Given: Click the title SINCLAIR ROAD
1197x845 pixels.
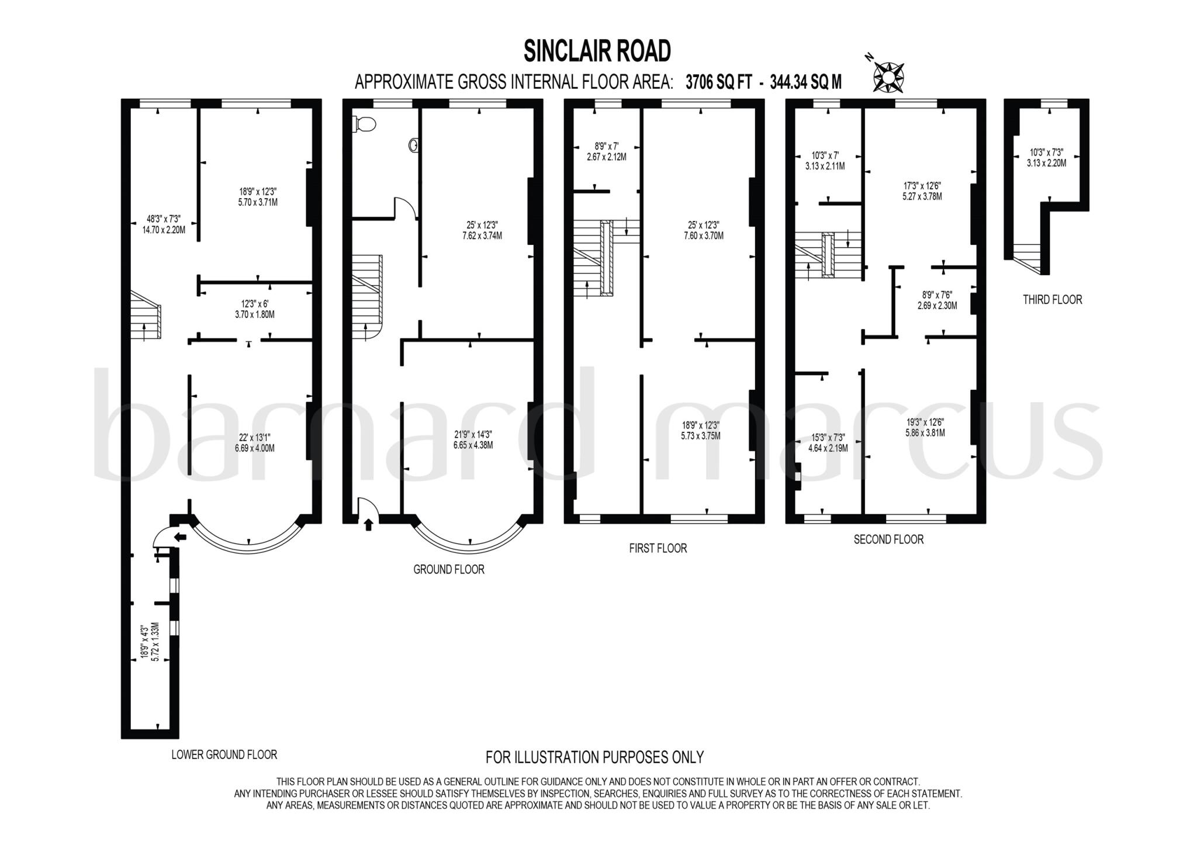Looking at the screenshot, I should coord(597,51).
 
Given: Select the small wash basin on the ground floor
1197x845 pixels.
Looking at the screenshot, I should coord(414,144).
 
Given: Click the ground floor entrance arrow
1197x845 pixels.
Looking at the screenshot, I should coord(368,525).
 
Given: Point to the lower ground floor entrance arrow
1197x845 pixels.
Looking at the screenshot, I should coord(181,536).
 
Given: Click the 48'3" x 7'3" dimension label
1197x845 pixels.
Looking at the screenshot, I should coord(164,224).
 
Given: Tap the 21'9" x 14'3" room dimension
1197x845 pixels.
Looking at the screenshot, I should coord(473,439).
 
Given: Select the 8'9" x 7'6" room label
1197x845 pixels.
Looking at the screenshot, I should coord(937,300).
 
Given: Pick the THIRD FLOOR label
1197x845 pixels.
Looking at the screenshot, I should coord(1052,300).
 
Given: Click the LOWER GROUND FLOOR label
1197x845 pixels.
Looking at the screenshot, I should coord(224,754).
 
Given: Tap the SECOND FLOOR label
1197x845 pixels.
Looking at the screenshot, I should coord(888,539).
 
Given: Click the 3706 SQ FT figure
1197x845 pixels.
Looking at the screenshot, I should coord(718,82).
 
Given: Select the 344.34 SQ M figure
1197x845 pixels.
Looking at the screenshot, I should coord(805,82).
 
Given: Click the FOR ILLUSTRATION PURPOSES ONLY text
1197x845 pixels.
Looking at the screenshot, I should coord(594,757).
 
